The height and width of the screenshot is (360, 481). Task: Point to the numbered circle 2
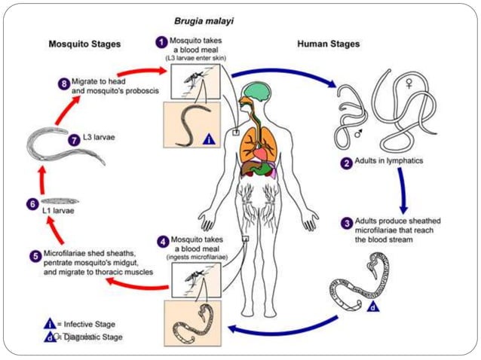(x=346, y=162)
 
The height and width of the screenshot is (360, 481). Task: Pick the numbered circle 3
(x=347, y=224)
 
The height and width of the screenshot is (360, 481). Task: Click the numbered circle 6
(x=31, y=203)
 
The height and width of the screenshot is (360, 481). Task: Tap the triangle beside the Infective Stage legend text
(x=50, y=324)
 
